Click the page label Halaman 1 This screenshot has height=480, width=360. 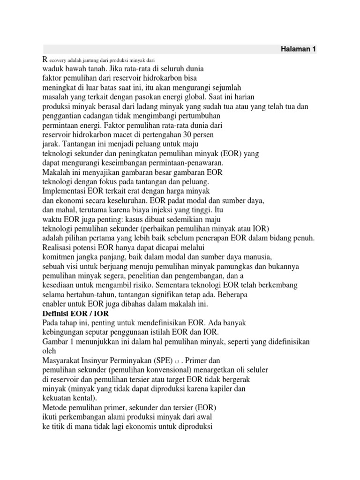pyautogui.click(x=298, y=49)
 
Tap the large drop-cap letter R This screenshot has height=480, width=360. pyautogui.click(x=45, y=59)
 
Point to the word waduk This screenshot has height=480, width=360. pyautogui.click(x=52, y=68)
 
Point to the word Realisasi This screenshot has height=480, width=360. pyautogui.click(x=59, y=247)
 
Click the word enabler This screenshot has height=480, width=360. pyautogui.click(x=55, y=304)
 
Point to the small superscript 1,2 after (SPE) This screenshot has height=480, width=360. pyautogui.click(x=177, y=361)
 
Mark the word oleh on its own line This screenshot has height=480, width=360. pyautogui.click(x=49, y=351)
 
